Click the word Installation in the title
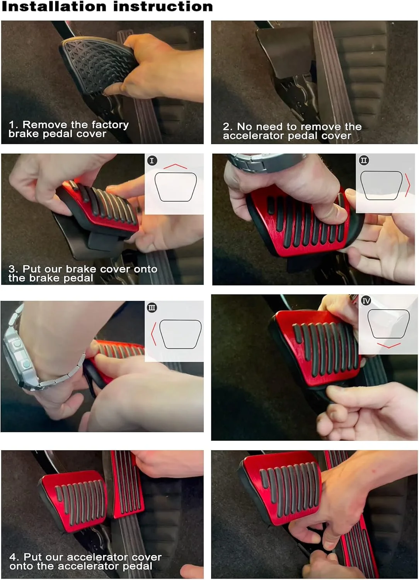tap(54, 6)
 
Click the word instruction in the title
tap(163, 6)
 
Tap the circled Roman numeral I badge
tap(152, 160)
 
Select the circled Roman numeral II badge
tap(364, 160)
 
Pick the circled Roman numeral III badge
tap(152, 308)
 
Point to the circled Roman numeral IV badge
tap(366, 301)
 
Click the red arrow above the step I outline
tap(175, 166)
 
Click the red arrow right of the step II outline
tap(408, 185)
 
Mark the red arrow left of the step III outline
tap(154, 334)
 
